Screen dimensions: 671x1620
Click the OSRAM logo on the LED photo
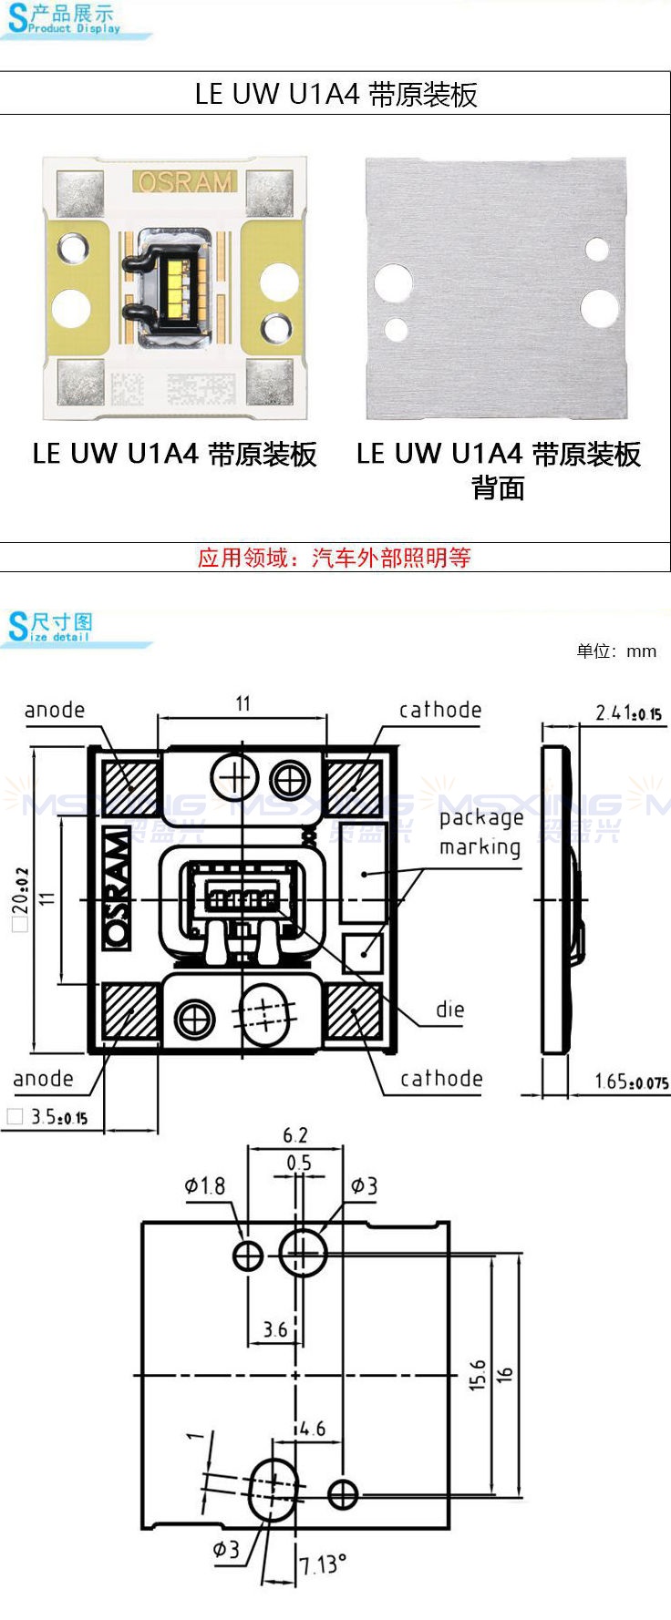[x=185, y=182]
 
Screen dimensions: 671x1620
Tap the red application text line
[x=335, y=558]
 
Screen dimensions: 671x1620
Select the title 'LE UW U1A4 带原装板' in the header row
[x=336, y=94]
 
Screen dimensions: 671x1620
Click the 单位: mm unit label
[x=616, y=651]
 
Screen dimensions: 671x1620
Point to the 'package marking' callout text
[x=480, y=833]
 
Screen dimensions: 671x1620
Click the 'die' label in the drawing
[x=450, y=1010]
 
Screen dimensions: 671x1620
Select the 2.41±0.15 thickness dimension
[x=629, y=713]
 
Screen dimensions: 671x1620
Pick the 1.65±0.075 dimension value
[x=632, y=1082]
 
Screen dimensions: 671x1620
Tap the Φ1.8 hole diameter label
[x=204, y=1185]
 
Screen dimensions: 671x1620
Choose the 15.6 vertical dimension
[x=478, y=1375]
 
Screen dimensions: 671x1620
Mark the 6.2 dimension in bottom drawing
[x=295, y=1135]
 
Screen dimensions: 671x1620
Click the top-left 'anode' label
[x=55, y=710]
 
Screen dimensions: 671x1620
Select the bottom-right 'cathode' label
[x=441, y=1079]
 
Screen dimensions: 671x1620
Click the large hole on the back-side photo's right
[x=600, y=308]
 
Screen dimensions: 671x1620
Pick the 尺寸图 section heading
[x=62, y=622]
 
